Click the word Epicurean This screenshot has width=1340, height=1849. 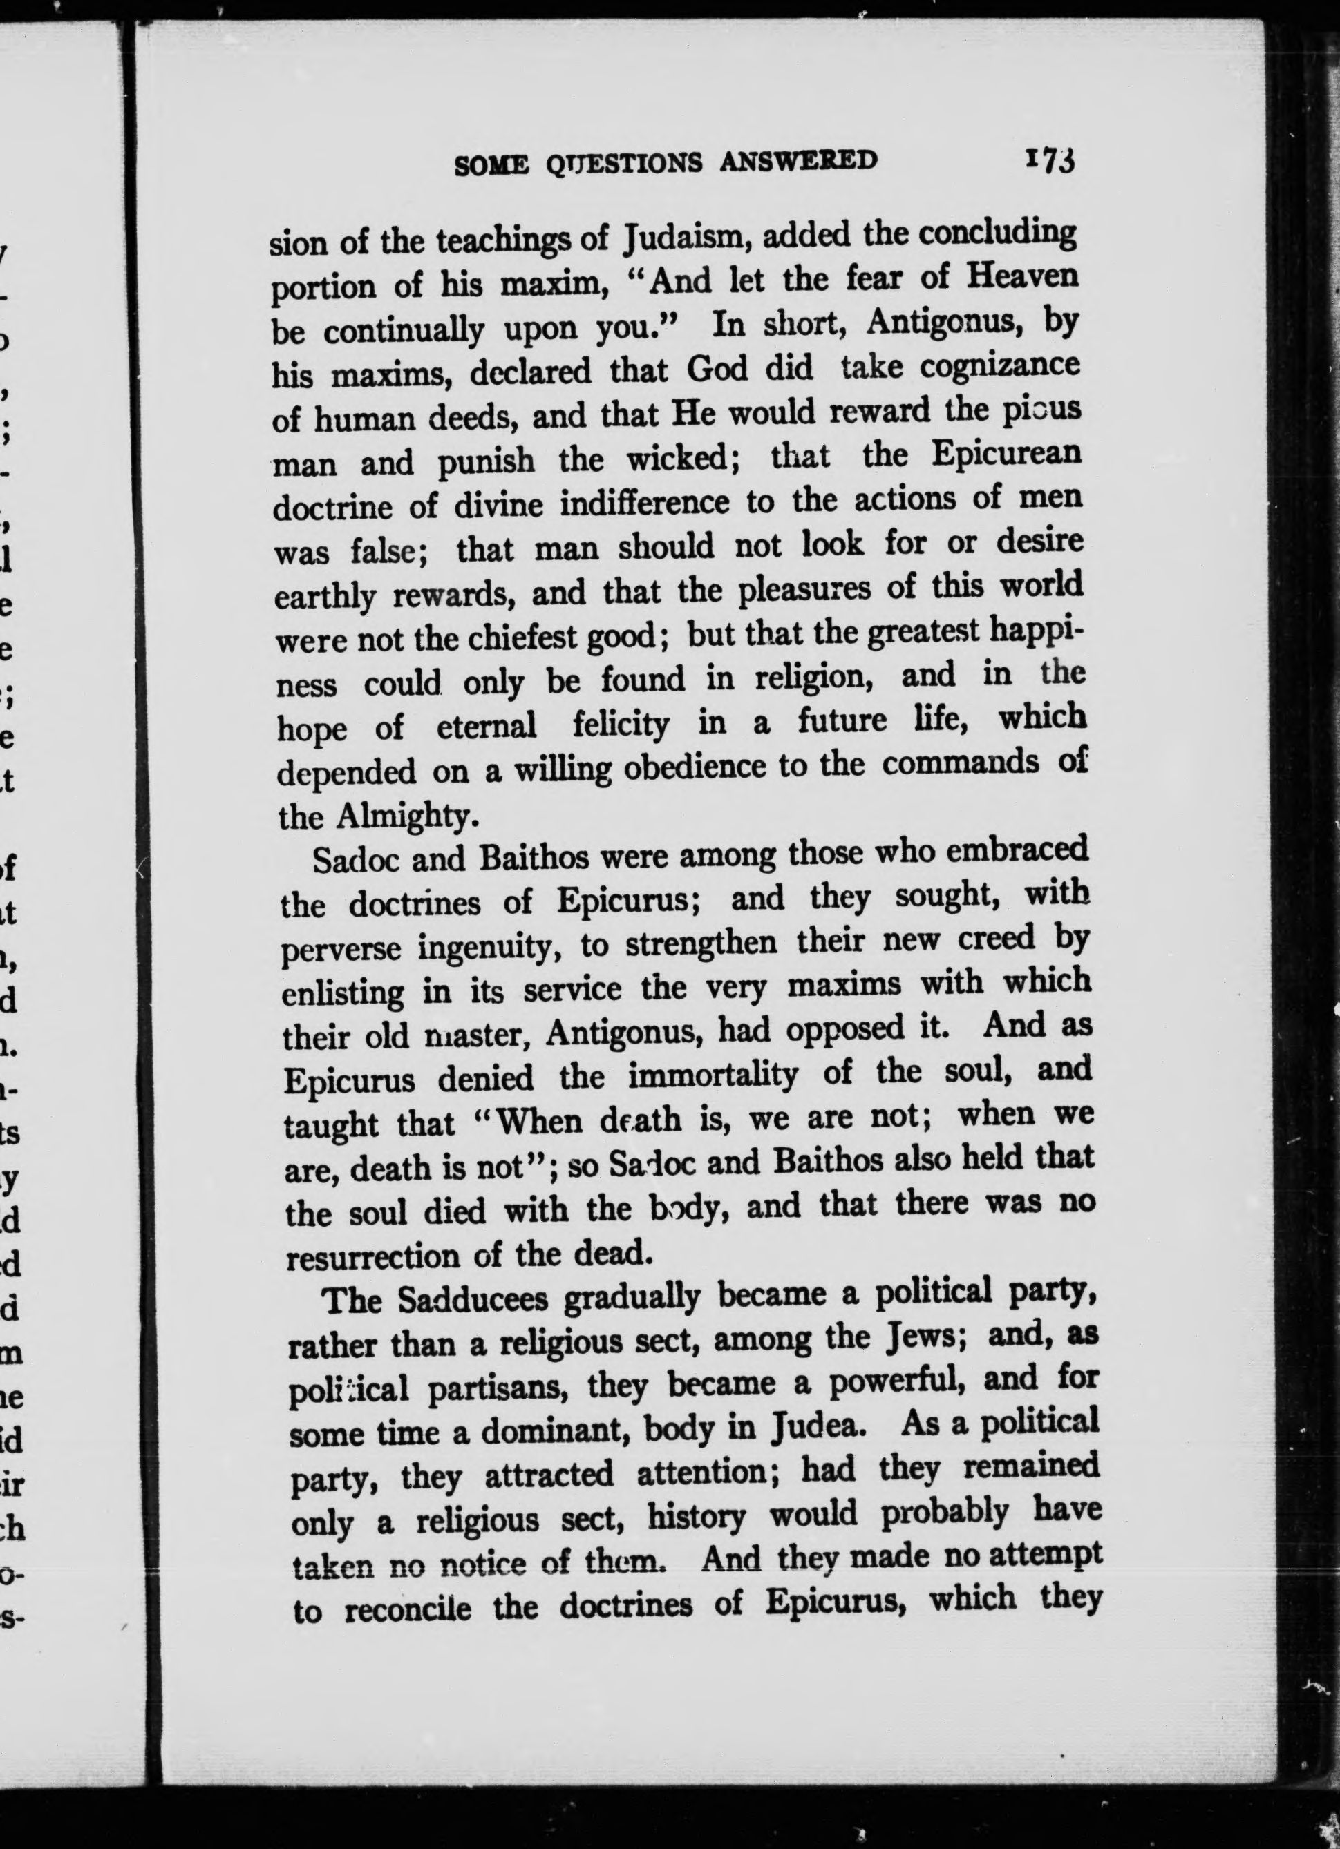1006,455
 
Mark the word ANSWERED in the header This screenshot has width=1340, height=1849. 798,161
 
